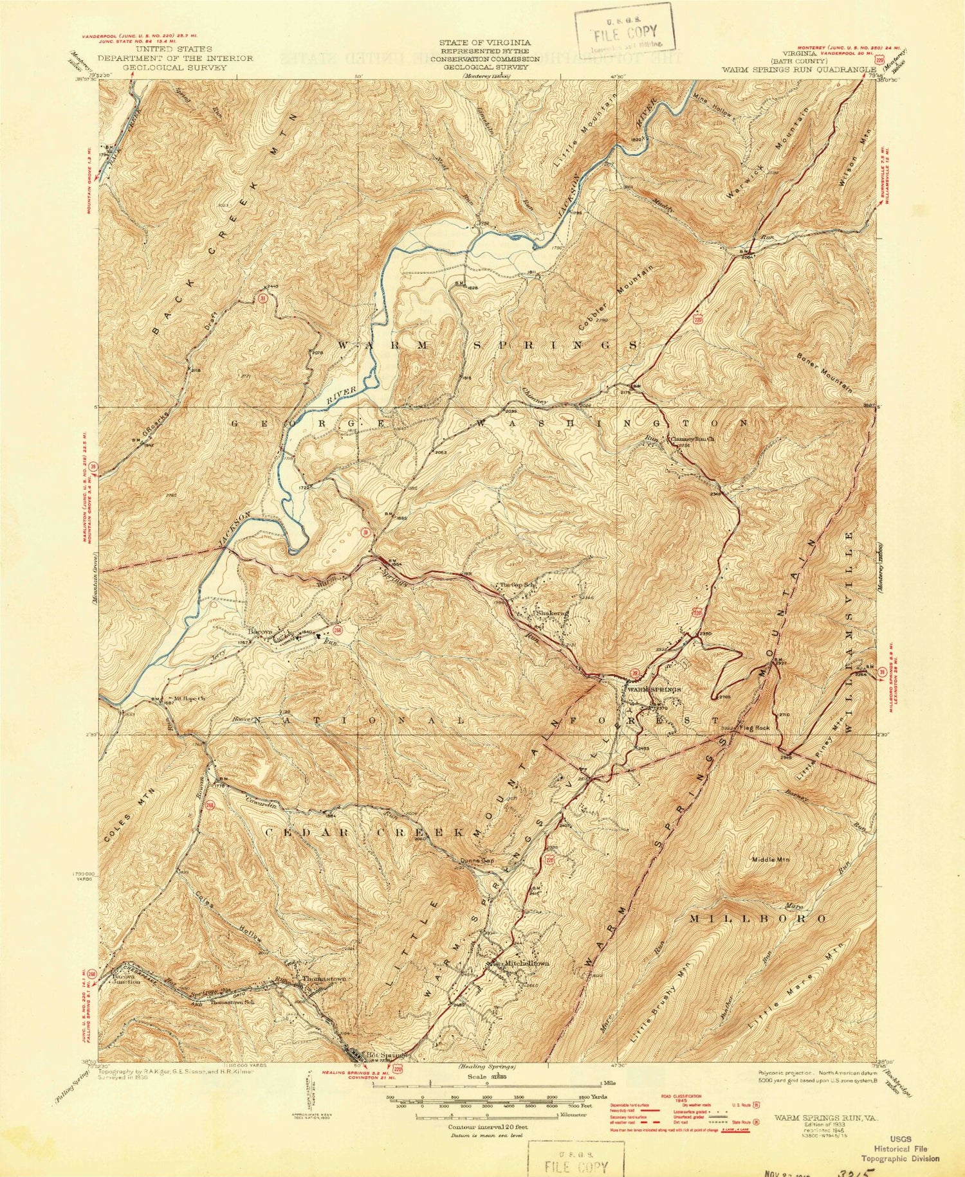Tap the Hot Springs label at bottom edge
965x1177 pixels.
point(384,1055)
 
